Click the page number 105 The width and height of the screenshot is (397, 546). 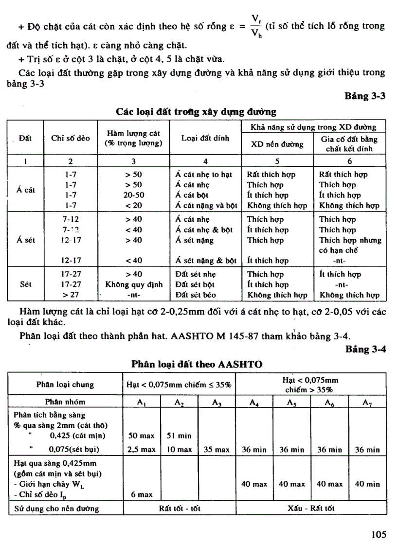coord(378,534)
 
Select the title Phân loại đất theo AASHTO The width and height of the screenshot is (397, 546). coord(197,364)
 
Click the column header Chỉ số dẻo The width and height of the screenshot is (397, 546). coord(71,138)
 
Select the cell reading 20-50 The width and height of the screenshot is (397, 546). coord(133,195)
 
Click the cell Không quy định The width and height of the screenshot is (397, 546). coord(133,285)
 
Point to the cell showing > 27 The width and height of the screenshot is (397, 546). coord(71,295)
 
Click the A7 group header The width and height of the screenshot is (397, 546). coord(367,402)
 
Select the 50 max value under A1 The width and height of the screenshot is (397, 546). coord(141,436)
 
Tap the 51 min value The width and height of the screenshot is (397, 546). coord(179,436)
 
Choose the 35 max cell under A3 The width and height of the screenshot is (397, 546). coord(217,450)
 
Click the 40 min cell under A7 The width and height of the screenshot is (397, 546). coord(367,484)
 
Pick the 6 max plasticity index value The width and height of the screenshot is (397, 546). coord(142,494)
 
